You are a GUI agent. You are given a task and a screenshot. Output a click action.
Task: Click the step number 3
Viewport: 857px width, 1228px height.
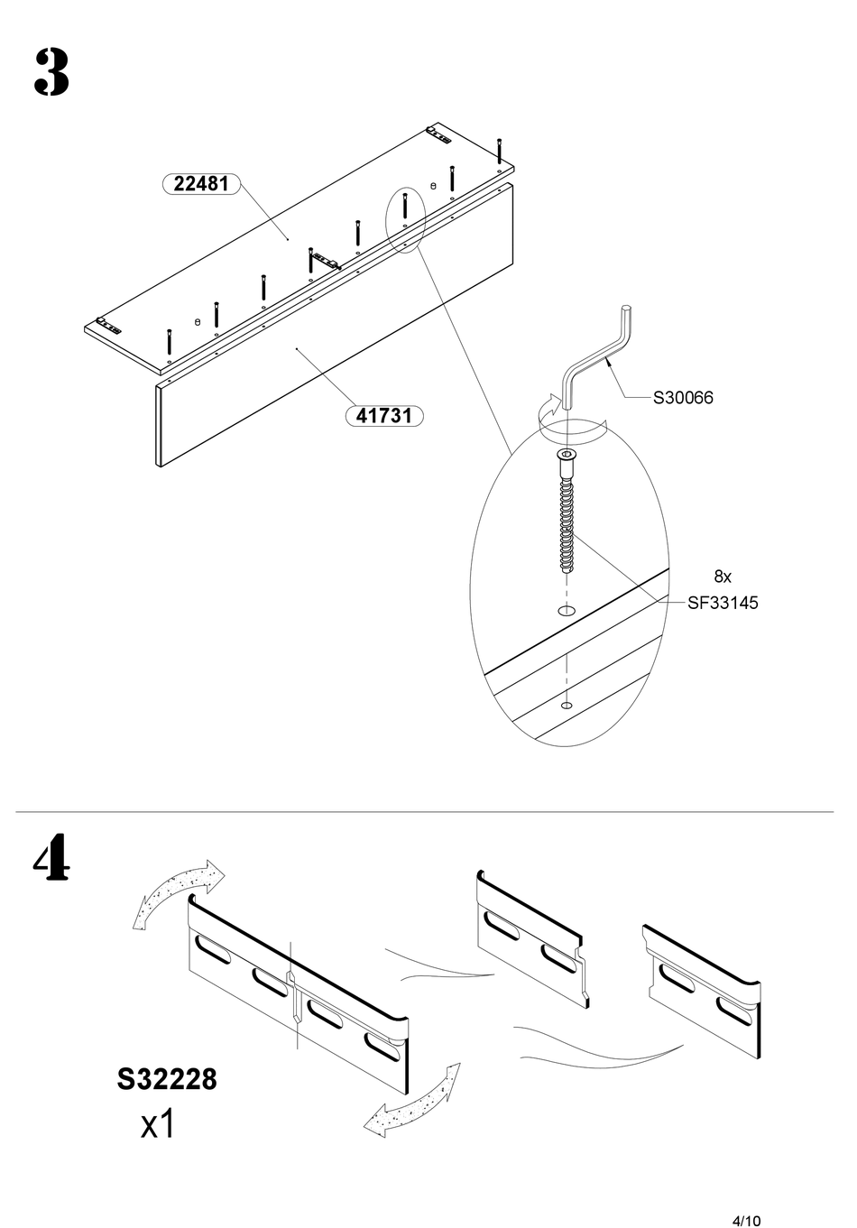point(51,73)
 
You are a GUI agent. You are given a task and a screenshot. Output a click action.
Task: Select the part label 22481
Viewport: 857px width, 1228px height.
point(201,184)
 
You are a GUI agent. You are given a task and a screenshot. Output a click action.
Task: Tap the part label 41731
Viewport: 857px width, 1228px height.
point(384,416)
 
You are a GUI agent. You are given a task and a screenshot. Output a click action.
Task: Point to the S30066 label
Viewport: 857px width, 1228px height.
point(683,398)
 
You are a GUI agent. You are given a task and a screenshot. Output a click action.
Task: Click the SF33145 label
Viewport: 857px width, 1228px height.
point(723,603)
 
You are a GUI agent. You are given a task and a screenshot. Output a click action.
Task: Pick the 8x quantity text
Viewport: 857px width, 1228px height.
point(723,577)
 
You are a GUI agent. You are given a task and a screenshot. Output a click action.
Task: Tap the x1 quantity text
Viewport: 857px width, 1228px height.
point(158,1124)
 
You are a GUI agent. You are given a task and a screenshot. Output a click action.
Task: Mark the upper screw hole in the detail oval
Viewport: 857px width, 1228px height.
point(566,611)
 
